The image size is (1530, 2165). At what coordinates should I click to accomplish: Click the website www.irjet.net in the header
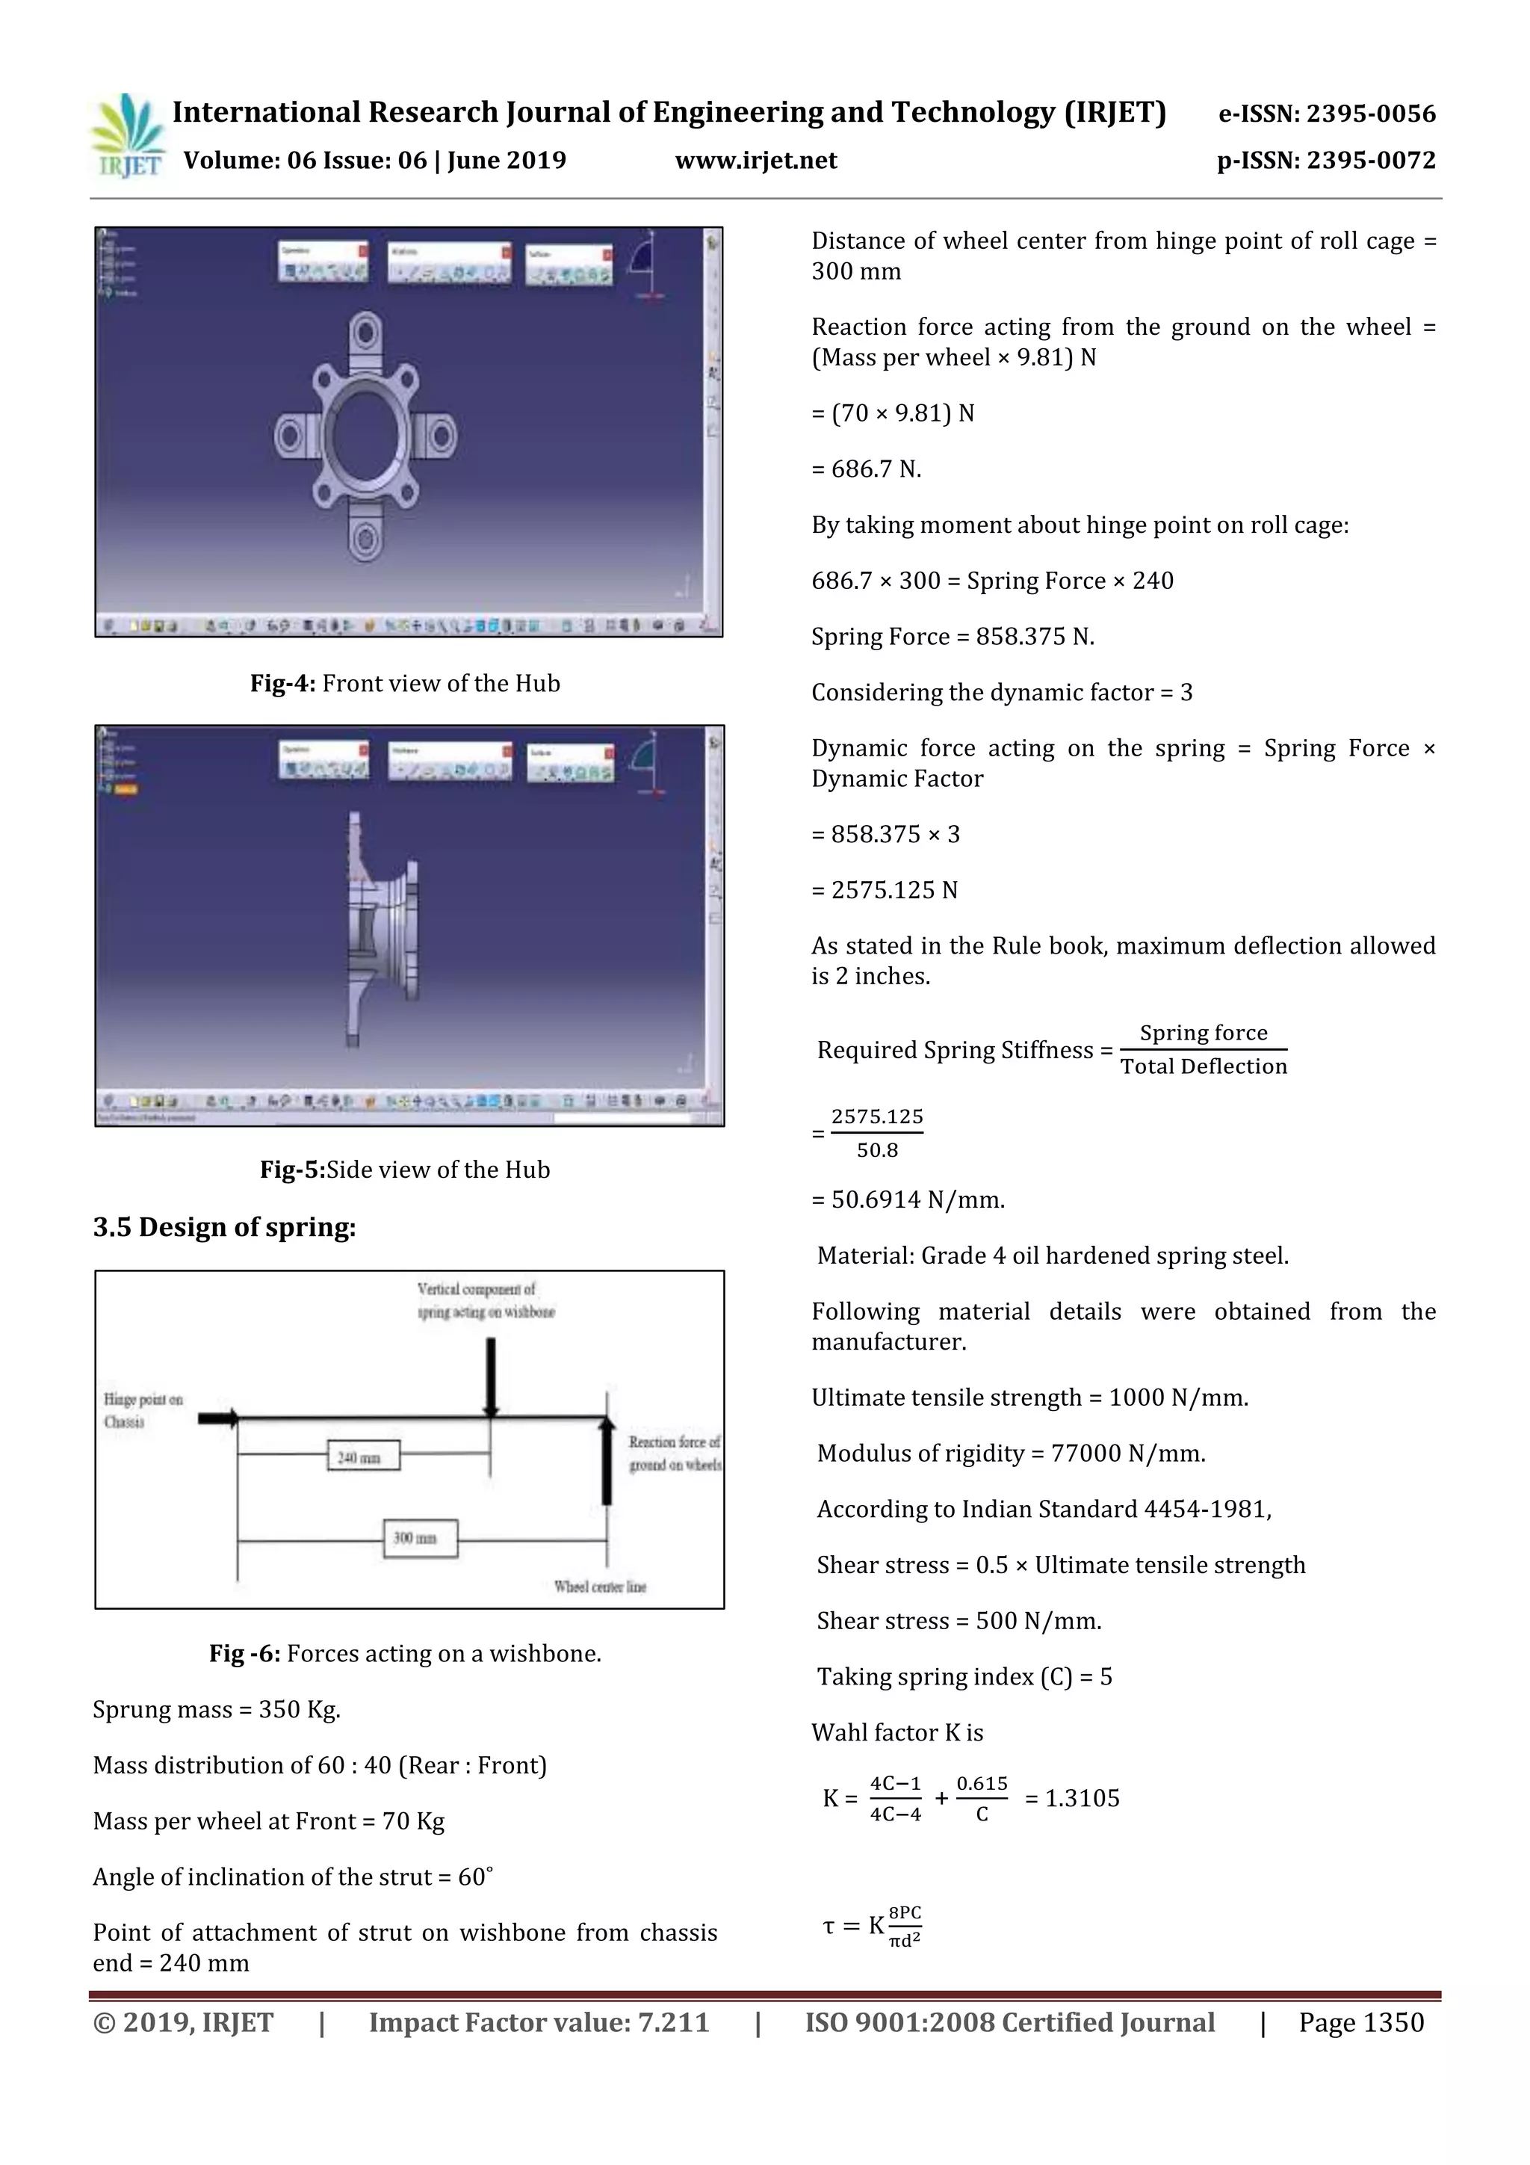coord(756,160)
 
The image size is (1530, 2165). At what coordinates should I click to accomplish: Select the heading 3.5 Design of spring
coord(224,1228)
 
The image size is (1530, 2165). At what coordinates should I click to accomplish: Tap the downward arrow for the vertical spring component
coord(490,1377)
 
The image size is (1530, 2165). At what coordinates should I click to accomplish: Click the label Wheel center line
coord(601,1587)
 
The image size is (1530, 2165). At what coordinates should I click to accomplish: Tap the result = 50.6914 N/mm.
coord(908,1200)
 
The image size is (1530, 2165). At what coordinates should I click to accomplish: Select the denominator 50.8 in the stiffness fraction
coord(877,1150)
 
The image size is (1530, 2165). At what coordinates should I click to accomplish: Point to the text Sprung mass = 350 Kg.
coord(217,1711)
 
